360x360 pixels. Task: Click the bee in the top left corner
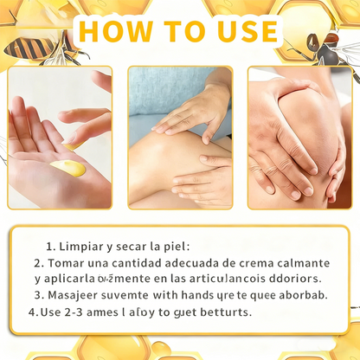[31, 43]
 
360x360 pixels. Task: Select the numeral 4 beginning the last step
[32, 312]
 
